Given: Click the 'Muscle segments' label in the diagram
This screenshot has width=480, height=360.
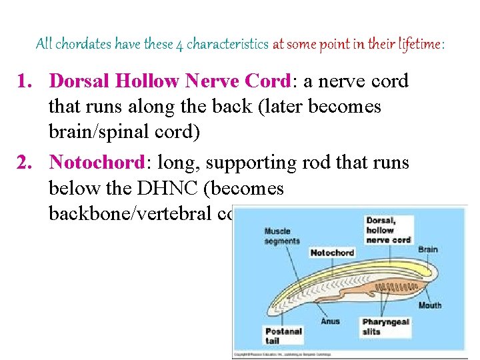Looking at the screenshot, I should (x=282, y=236).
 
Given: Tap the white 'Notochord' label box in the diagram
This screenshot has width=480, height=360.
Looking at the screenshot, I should (x=332, y=253).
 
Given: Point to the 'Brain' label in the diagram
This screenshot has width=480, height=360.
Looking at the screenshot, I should (x=428, y=249).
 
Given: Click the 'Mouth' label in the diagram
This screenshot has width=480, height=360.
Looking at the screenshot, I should (x=429, y=305).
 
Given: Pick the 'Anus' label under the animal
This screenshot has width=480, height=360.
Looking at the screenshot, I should (x=330, y=321).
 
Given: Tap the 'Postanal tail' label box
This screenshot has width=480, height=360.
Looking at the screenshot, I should (x=283, y=335).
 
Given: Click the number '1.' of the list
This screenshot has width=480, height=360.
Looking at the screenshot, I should (x=27, y=81).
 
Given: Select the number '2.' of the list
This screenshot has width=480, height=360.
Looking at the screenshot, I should (x=27, y=163).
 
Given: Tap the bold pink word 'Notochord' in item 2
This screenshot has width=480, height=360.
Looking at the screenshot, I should (x=97, y=163).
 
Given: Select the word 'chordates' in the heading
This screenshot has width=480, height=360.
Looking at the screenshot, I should (x=83, y=45).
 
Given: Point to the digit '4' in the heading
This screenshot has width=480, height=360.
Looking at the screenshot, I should (x=179, y=45).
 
